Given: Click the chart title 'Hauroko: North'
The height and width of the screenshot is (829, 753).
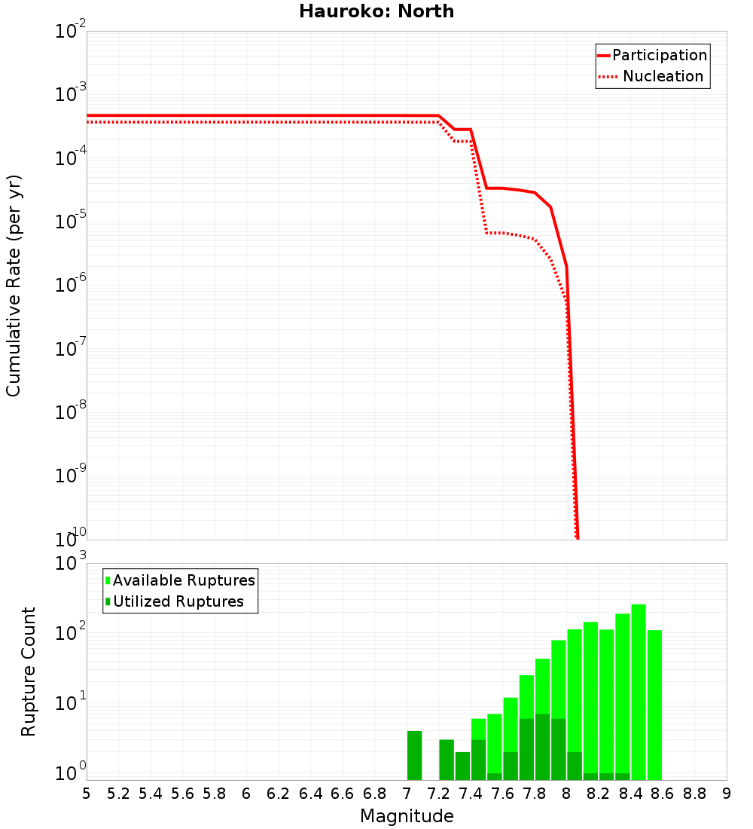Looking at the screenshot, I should (x=376, y=11).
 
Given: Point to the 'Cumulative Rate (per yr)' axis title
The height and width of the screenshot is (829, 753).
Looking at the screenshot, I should (x=14, y=286).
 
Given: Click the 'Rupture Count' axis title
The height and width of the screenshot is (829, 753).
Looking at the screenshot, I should (x=28, y=671).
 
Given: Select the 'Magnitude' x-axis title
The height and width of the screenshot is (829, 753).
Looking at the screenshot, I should (x=407, y=816).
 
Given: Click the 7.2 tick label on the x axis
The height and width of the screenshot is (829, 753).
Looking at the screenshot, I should (x=439, y=794).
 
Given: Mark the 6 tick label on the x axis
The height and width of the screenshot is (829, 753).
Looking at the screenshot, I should (x=246, y=794).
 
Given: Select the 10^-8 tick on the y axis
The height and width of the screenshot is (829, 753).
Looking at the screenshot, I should (x=71, y=411).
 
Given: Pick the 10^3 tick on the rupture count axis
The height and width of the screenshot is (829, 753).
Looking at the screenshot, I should (x=71, y=562).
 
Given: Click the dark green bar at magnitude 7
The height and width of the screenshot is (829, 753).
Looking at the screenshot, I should (x=414, y=755).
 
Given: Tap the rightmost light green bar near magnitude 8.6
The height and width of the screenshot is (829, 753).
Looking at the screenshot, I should (x=654, y=705).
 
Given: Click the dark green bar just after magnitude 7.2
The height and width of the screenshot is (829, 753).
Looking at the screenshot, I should (x=447, y=760).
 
